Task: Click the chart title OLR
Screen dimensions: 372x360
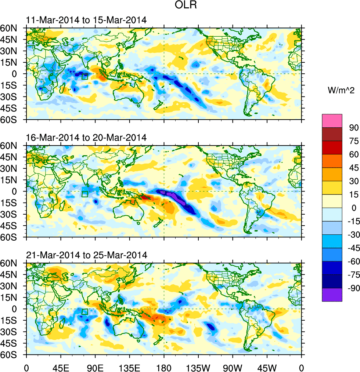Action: click(180, 7)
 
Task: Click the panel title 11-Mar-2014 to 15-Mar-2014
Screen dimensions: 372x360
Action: click(86, 20)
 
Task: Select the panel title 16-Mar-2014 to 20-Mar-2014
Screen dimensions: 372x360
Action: click(86, 138)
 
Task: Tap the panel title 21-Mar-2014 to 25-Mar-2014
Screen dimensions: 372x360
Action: click(86, 255)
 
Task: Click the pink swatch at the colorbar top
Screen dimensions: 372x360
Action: click(332, 120)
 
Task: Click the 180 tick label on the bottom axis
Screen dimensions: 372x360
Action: click(164, 366)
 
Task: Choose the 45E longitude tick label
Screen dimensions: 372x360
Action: click(61, 366)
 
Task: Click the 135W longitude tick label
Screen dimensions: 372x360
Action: click(198, 366)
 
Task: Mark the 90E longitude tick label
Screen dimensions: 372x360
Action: click(95, 366)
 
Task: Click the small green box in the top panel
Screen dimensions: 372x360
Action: click(84, 76)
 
